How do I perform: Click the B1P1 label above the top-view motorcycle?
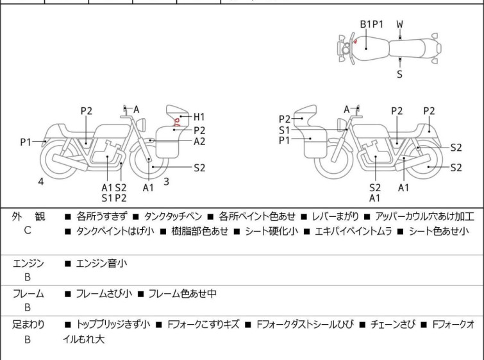click(371, 24)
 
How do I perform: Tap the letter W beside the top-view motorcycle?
click(399, 24)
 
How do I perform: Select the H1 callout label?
click(199, 117)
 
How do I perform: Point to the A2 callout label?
click(199, 142)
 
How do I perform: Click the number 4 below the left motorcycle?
click(41, 182)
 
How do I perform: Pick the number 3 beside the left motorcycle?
click(166, 182)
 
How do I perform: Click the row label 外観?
click(29, 217)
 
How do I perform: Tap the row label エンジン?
click(29, 262)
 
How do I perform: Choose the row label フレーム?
click(29, 294)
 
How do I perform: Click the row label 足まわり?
click(29, 325)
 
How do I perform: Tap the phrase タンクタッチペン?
click(174, 217)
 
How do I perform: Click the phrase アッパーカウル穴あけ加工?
click(425, 217)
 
